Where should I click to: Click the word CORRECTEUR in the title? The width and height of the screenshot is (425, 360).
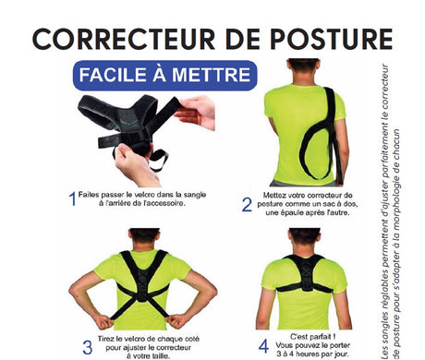[124, 39]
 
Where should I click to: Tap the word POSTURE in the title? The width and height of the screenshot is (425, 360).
[332, 39]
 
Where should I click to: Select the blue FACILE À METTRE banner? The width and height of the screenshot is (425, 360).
[164, 76]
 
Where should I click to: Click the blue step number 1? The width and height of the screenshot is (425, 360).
[72, 198]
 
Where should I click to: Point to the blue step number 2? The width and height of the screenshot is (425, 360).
[247, 205]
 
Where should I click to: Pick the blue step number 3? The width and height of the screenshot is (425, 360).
[88, 347]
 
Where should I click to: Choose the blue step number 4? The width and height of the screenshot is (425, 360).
[263, 346]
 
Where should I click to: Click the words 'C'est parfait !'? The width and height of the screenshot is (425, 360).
[312, 337]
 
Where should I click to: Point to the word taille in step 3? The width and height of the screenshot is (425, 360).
[161, 356]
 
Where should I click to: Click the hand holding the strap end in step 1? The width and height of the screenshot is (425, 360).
[196, 112]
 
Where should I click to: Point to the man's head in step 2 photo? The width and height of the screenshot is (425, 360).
[303, 69]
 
